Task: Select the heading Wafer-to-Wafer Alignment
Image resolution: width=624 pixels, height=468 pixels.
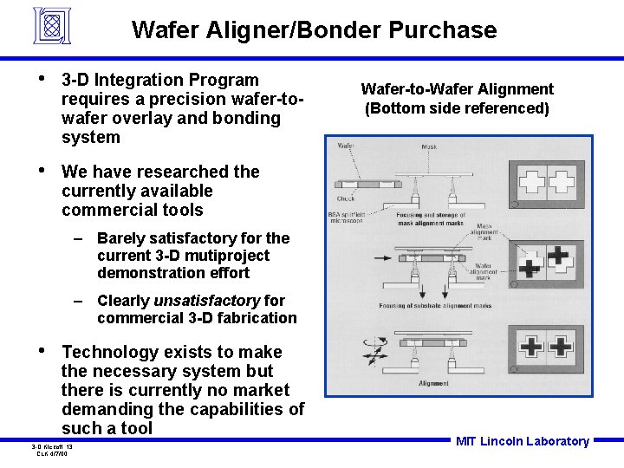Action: tap(457, 89)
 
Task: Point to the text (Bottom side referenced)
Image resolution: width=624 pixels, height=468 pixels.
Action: tap(457, 108)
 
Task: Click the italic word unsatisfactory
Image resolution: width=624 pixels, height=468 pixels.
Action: tap(206, 301)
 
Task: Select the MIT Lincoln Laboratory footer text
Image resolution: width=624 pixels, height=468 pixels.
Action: tap(522, 441)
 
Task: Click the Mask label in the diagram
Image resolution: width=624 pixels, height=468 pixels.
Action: tap(428, 147)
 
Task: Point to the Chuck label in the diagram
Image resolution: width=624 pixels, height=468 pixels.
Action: tap(346, 198)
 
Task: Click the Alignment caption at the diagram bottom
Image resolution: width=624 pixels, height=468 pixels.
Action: tap(433, 383)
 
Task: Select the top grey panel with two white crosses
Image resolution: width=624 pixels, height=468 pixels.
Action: tap(548, 183)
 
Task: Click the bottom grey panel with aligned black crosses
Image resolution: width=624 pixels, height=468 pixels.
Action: tap(548, 347)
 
